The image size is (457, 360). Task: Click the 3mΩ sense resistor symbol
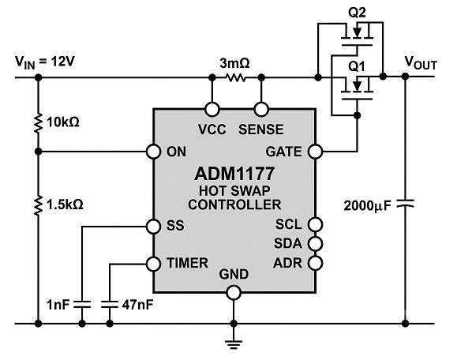(x=236, y=77)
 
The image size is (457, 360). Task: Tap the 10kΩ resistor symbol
(x=38, y=123)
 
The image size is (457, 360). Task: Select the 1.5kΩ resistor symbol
(x=38, y=206)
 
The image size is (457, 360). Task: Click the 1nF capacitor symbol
(x=82, y=304)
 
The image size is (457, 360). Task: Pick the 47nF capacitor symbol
(x=110, y=304)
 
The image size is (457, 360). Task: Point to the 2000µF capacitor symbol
(x=405, y=204)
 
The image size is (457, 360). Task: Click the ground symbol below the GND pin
(x=234, y=344)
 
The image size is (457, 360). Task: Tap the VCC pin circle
(x=212, y=109)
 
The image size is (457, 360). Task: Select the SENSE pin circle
(x=261, y=109)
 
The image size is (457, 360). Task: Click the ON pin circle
(x=153, y=152)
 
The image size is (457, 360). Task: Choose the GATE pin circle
(x=316, y=152)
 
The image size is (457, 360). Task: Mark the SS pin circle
(x=153, y=227)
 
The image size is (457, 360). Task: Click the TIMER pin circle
(x=153, y=264)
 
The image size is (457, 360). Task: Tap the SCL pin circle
(x=316, y=224)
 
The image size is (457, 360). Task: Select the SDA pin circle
(x=316, y=243)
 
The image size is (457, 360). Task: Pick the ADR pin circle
(x=316, y=263)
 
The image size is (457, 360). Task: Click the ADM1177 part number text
(x=234, y=174)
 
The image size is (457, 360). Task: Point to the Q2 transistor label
(x=357, y=13)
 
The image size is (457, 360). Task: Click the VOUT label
(x=421, y=62)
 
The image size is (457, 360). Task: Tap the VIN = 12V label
(x=45, y=62)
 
